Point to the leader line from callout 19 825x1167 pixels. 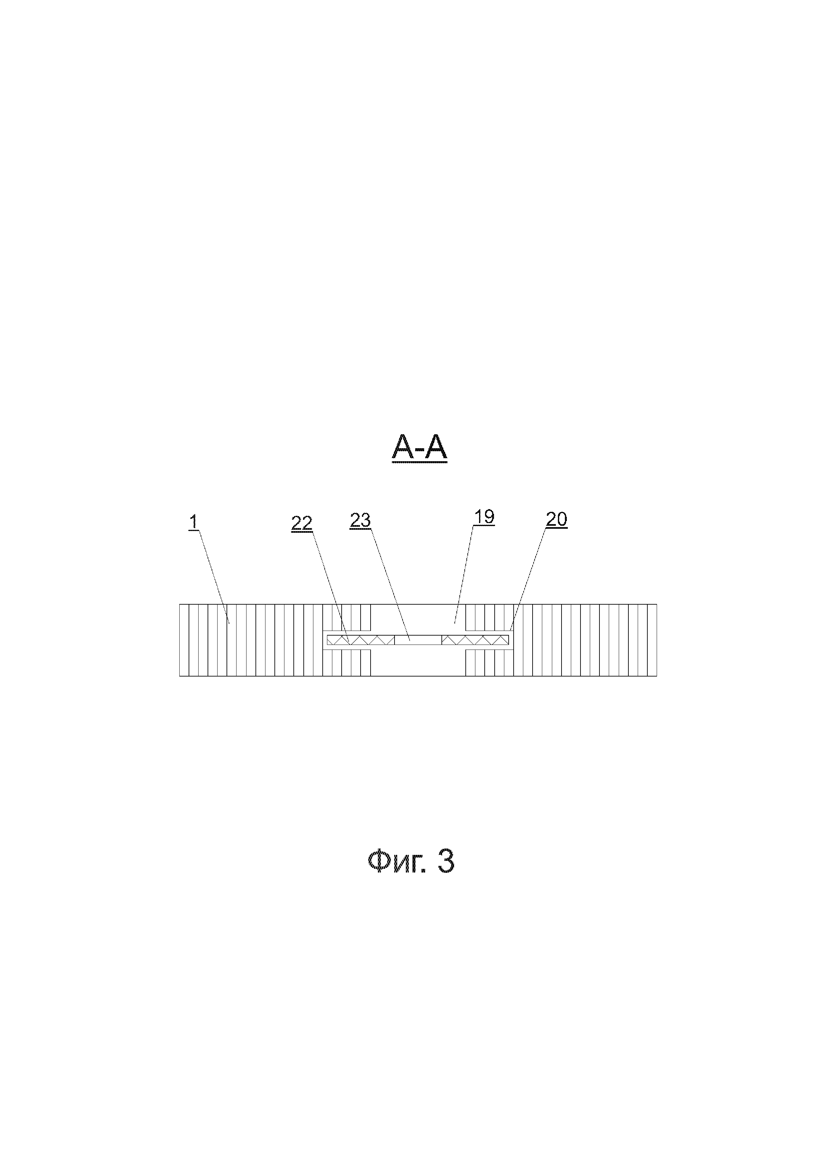pyautogui.click(x=463, y=574)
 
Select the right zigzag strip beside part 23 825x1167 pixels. pyautogui.click(x=475, y=640)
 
